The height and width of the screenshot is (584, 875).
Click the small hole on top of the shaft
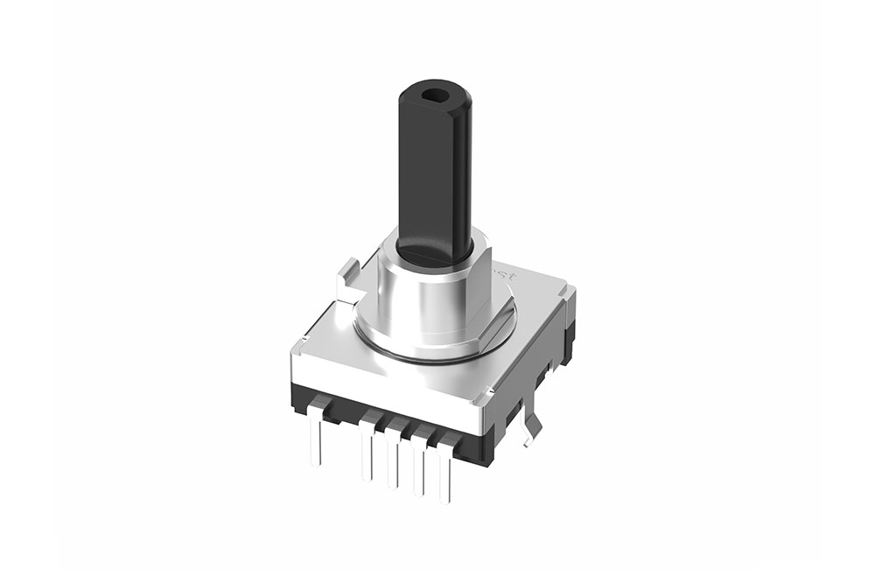(x=435, y=91)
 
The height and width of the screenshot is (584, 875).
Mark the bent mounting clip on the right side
(x=529, y=427)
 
